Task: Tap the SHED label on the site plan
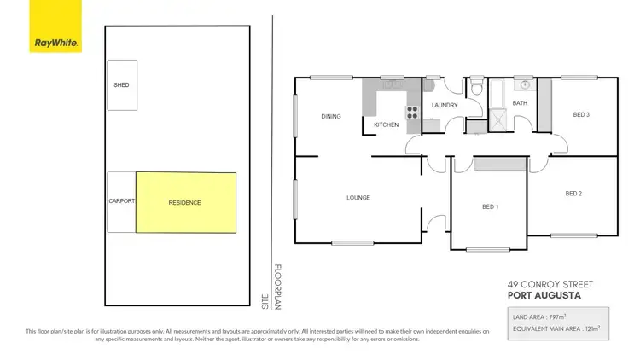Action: [x=121, y=85]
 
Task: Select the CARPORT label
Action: [x=121, y=202]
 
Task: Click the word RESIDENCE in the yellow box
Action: [x=184, y=202]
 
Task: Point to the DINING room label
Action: [x=331, y=117]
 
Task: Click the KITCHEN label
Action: [x=387, y=125]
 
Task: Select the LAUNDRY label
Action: [x=445, y=106]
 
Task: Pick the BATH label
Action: [x=521, y=103]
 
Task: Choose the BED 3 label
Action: [x=581, y=114]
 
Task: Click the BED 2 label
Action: [x=573, y=194]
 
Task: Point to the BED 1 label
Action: [x=491, y=207]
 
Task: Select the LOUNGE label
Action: [x=358, y=198]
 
